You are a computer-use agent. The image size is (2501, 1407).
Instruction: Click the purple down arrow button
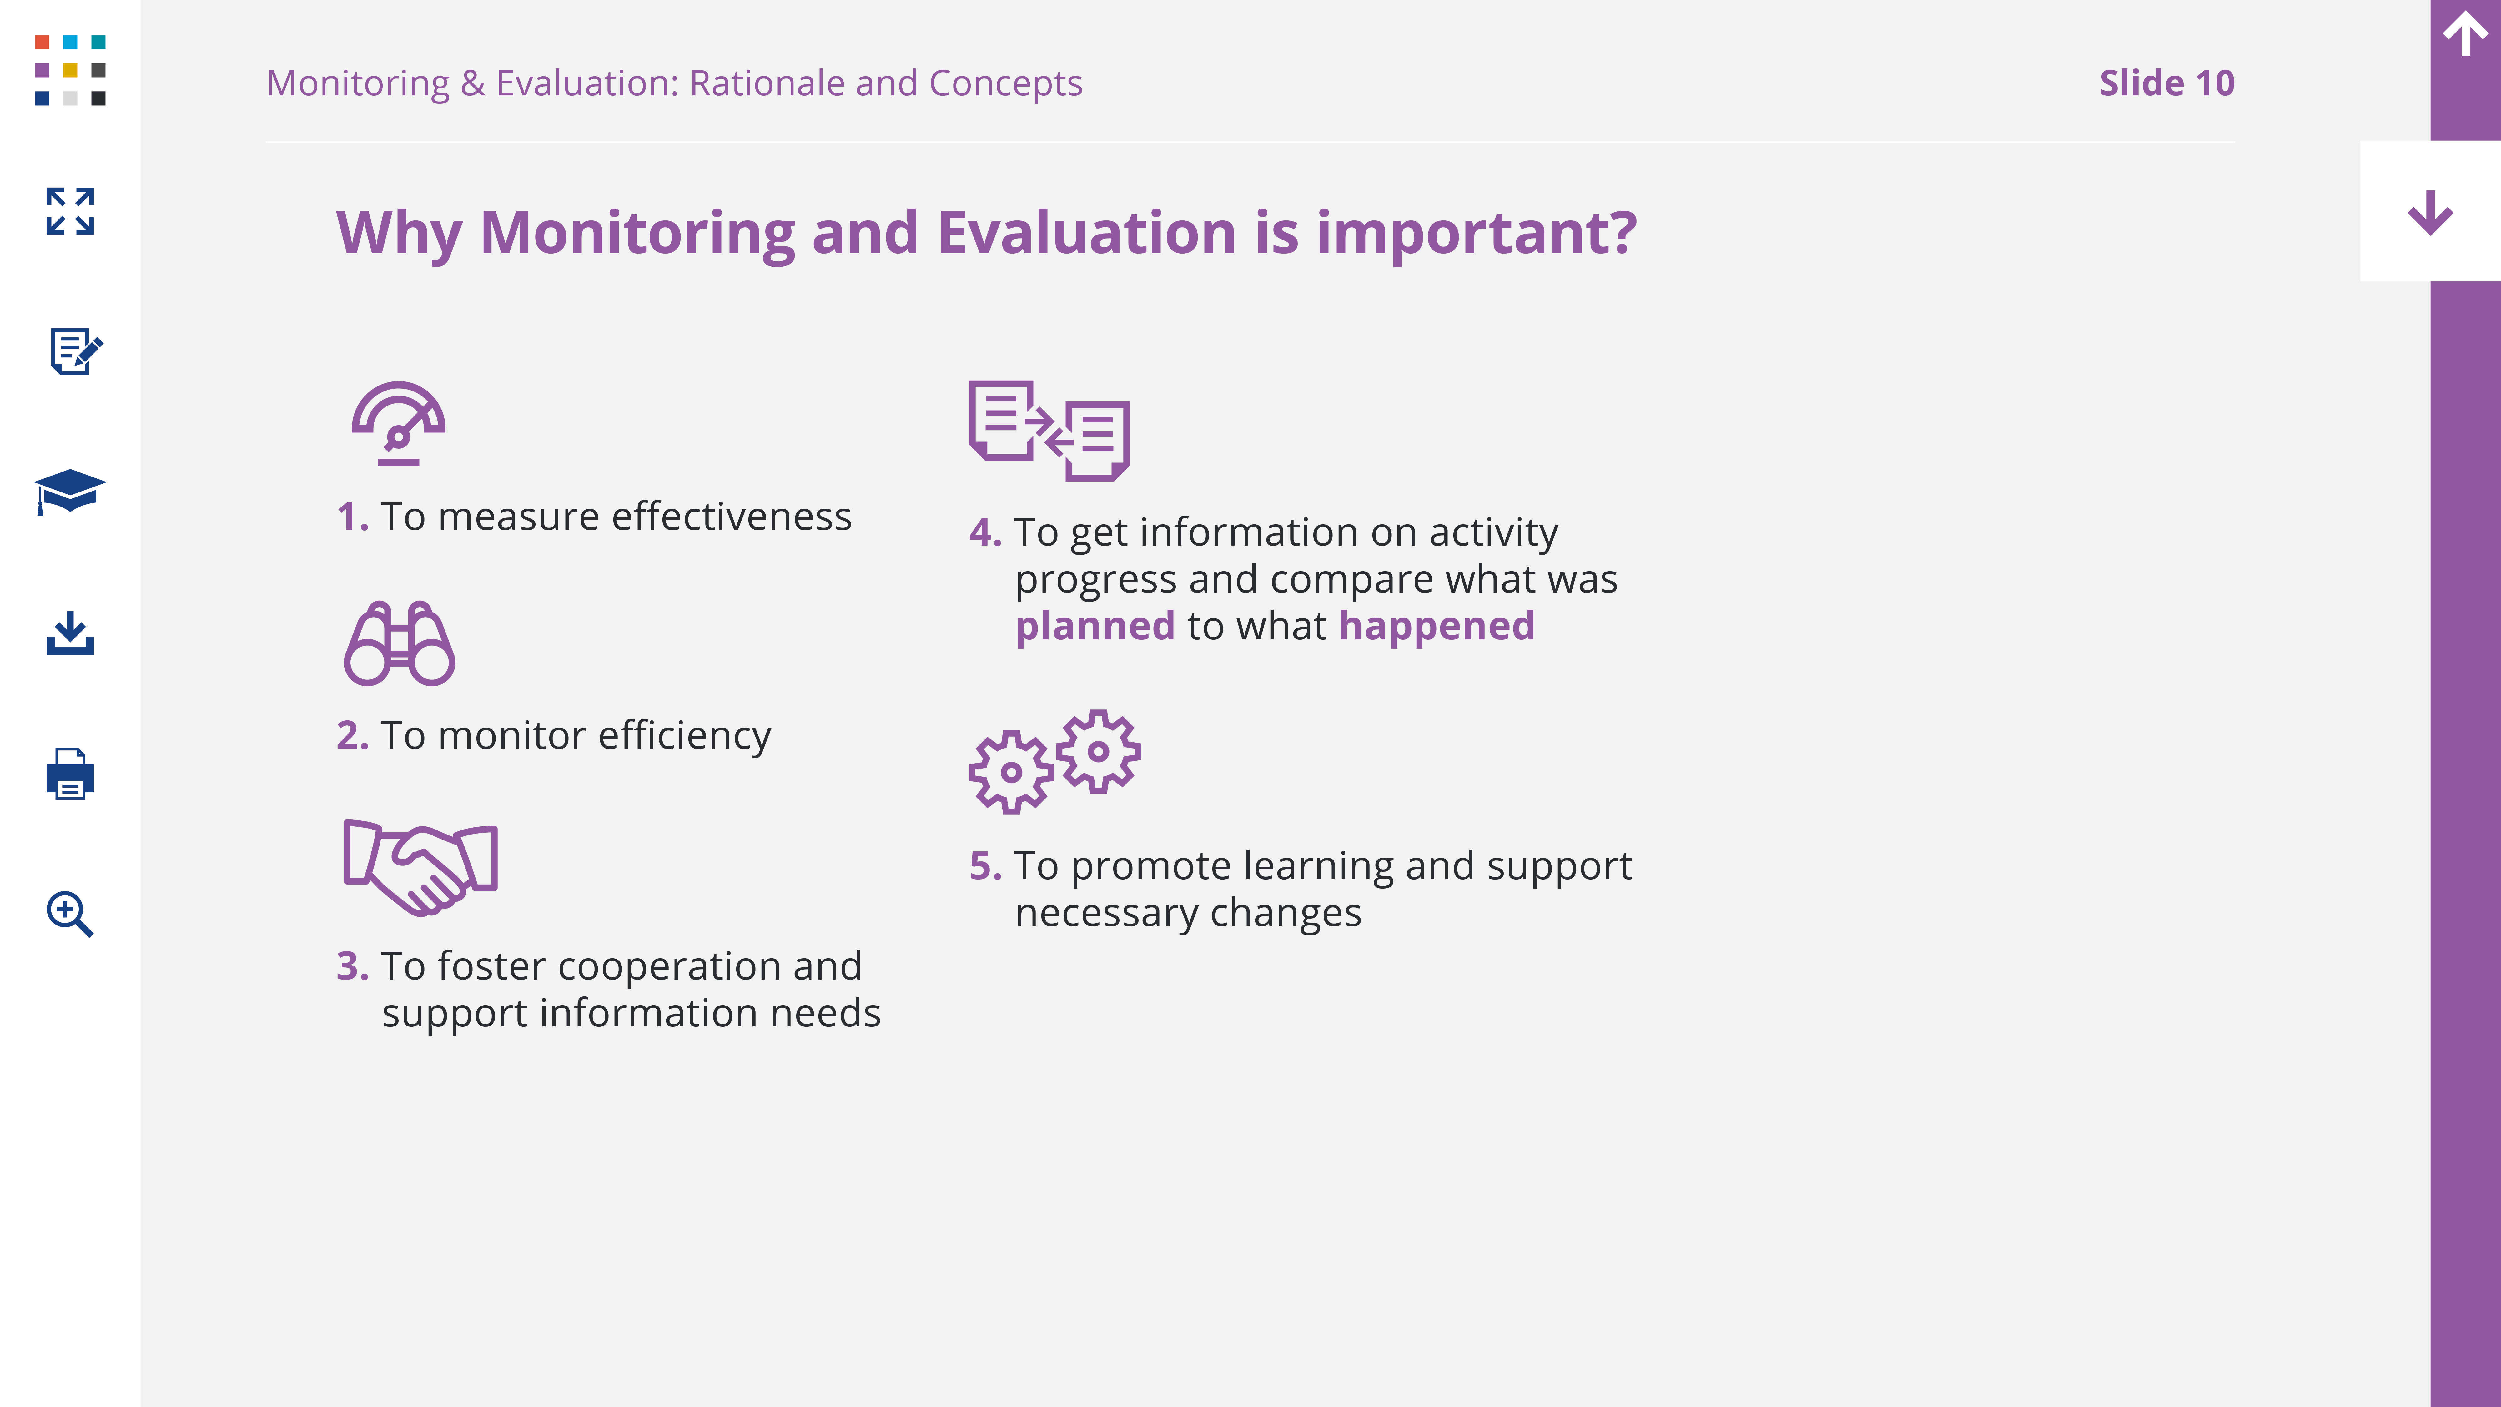[2430, 213]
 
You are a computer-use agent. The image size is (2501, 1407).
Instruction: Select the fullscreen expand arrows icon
[70, 211]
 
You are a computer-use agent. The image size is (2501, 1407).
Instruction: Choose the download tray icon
[70, 633]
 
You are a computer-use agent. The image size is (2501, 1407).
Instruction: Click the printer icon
[70, 774]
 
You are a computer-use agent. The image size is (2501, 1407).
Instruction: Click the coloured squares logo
[70, 70]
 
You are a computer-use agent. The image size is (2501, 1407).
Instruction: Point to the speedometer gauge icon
[398, 423]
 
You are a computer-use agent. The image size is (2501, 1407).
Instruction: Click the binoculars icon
[399, 644]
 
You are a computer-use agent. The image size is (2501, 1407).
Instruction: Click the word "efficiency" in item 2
[684, 736]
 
